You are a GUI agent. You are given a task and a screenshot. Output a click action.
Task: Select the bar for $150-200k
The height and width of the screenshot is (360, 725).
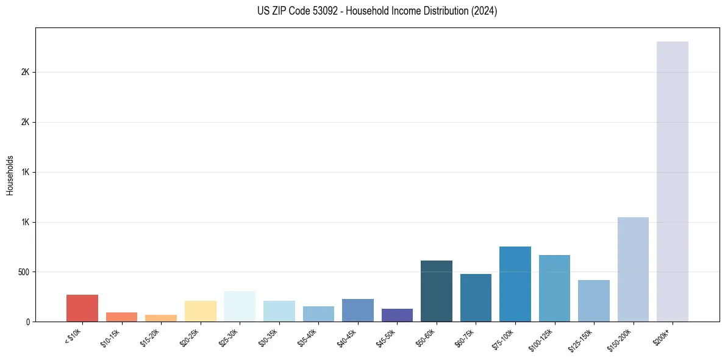633,269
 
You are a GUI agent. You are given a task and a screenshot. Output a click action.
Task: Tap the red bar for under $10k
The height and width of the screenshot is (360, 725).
82,308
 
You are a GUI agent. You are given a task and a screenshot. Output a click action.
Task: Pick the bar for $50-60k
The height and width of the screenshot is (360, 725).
437,291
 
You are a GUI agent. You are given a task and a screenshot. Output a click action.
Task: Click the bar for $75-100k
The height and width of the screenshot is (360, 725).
515,284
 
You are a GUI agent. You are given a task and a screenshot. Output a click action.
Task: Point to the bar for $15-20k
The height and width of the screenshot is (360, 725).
161,318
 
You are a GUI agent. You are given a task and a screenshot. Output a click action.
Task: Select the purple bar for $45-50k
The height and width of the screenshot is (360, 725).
397,315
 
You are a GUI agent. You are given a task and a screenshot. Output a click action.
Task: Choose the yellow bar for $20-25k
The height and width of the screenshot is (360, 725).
201,311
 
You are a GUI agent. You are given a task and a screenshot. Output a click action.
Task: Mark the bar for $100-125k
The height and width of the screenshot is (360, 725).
554,288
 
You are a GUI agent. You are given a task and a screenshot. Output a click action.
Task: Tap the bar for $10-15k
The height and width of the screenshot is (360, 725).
121,317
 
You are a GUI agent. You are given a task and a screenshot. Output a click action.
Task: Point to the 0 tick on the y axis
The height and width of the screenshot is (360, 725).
27,322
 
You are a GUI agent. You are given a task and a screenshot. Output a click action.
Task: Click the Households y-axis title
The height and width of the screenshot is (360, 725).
10,175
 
